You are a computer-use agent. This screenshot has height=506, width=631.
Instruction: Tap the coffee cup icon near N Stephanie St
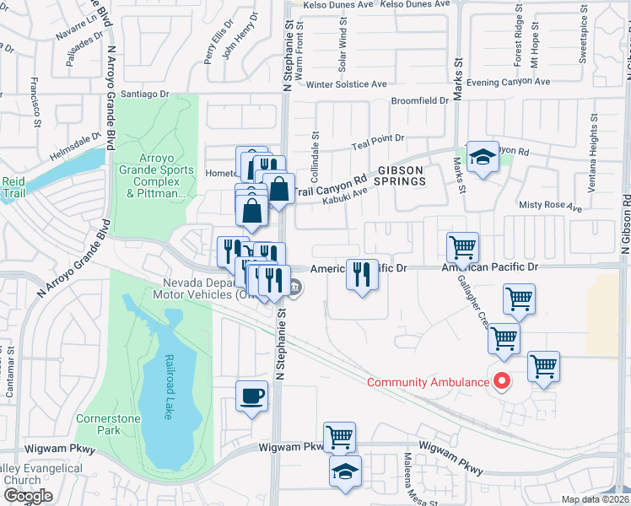pos(252,396)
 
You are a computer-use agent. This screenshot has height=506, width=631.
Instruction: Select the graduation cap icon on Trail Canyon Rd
pos(482,157)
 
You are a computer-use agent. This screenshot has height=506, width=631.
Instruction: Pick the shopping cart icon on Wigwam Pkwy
pos(339,437)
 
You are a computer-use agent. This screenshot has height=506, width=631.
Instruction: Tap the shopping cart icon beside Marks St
pos(462,247)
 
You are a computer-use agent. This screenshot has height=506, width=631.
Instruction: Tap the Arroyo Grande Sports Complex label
pos(154,175)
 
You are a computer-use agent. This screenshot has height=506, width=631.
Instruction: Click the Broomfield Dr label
pos(420,100)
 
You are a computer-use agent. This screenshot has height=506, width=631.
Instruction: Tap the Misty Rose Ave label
pos(550,206)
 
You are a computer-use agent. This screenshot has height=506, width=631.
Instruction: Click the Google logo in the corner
pos(27,497)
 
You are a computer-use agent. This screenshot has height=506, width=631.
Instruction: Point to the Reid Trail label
pos(14,187)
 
